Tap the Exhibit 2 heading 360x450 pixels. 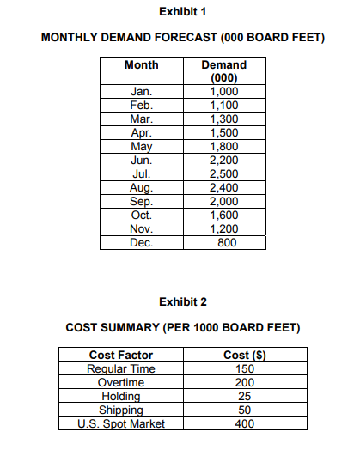coord(182,301)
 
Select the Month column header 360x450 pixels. coord(141,65)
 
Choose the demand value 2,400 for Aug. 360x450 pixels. coord(223,187)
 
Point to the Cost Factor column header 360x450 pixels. coord(121,356)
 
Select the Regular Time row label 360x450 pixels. coord(121,369)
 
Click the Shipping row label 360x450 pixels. coord(121,410)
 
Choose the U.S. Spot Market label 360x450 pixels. coord(121,423)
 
